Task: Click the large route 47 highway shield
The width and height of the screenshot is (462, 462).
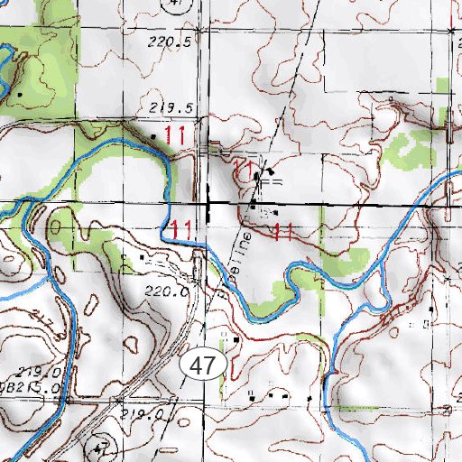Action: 205,365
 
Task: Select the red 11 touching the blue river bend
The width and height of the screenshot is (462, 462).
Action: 179,228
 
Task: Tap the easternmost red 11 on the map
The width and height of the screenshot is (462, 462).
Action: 283,230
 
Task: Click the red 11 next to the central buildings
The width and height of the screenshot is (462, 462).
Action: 243,169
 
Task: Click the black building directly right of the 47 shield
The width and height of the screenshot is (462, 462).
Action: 236,338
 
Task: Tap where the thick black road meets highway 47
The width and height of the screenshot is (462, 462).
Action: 208,207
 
